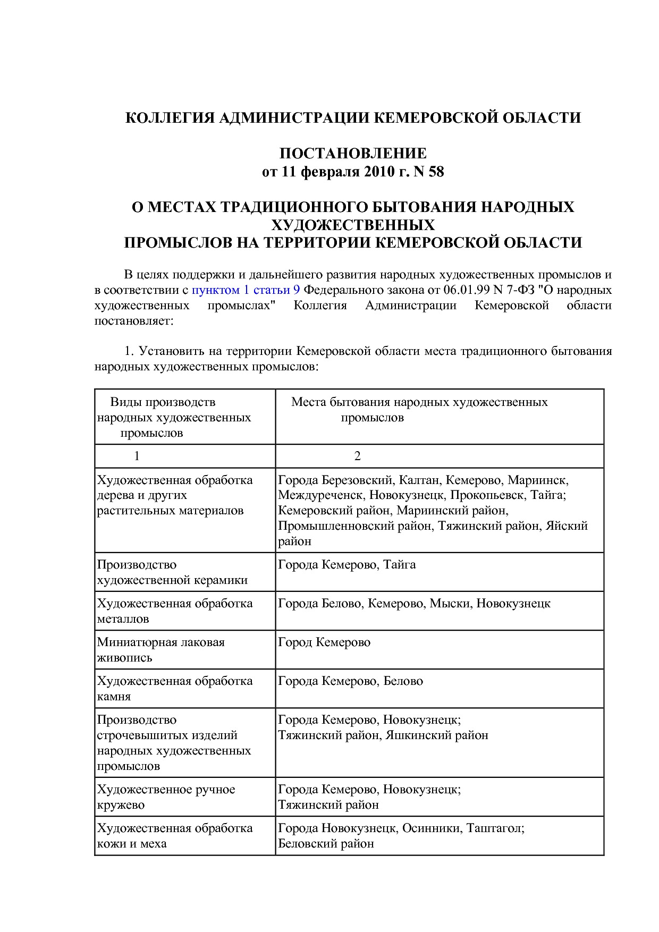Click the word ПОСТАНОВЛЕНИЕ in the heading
[x=353, y=154]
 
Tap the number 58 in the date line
[x=435, y=172]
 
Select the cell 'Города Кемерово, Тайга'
[x=347, y=564]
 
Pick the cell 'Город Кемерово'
[x=324, y=642]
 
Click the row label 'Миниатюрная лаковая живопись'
[x=160, y=649]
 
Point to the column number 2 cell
[x=357, y=456]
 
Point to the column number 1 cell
[x=137, y=456]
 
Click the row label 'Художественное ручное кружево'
[x=166, y=797]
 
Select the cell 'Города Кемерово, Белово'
[x=350, y=681]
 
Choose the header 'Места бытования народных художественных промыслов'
[x=419, y=410]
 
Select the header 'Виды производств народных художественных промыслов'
[x=173, y=417]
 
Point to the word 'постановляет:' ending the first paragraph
[x=133, y=320]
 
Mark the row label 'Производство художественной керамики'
[x=172, y=572]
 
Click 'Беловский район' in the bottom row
[x=326, y=843]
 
